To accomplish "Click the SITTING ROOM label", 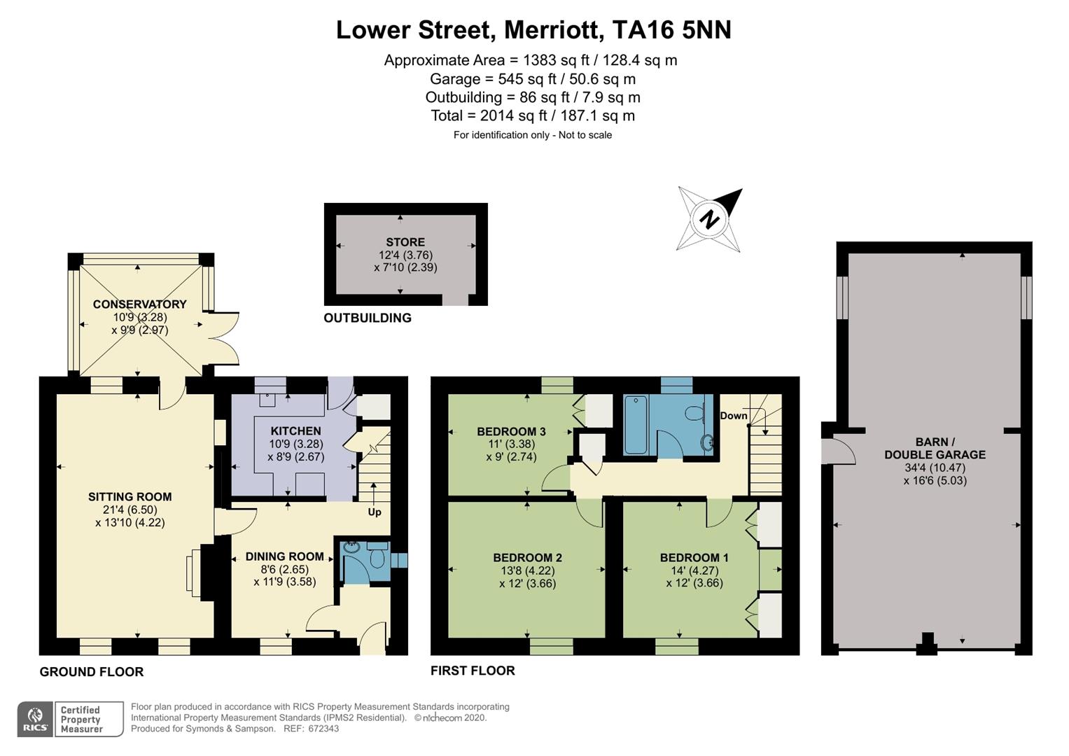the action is point(130,497).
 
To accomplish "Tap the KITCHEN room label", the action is point(296,431).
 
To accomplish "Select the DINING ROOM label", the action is point(285,556).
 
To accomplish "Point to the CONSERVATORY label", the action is point(139,304).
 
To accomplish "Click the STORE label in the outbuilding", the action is point(405,242).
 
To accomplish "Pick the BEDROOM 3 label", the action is point(511,431).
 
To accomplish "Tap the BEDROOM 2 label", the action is point(527,557).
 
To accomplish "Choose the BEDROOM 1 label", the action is point(694,557).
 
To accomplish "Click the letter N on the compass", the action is point(709,220).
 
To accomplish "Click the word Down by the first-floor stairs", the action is point(734,416).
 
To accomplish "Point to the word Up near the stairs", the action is point(375,512).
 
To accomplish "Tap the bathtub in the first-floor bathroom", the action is point(635,425).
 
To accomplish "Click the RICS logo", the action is point(35,720).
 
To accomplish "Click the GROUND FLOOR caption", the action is point(92,672).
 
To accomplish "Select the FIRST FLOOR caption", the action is point(473,671).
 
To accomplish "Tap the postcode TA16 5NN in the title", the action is point(671,30).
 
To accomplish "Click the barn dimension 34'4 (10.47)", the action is point(935,468).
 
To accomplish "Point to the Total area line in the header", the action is point(533,115).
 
